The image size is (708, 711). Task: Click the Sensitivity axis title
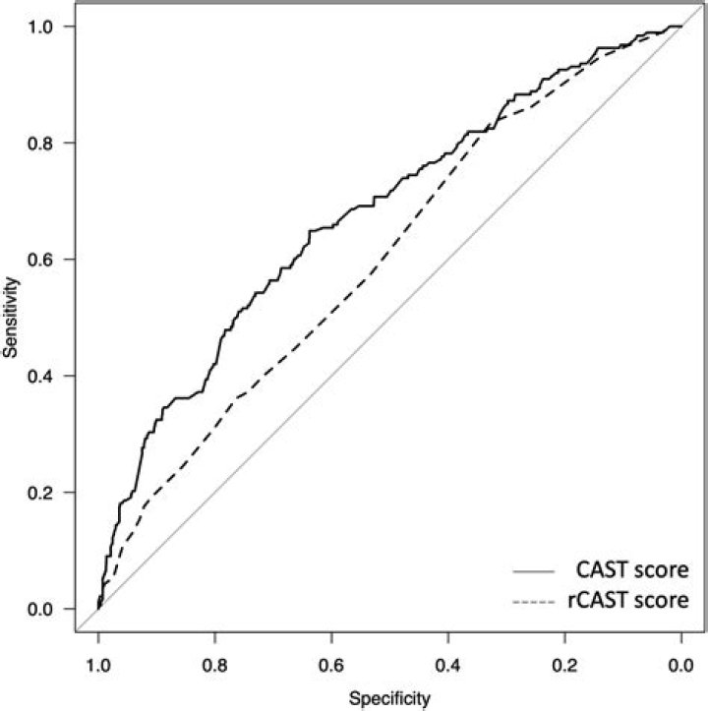click(11, 317)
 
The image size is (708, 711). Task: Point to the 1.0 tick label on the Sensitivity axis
click(39, 27)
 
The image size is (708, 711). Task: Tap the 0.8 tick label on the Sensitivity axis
click(39, 144)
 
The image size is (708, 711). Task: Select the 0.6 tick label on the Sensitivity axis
click(39, 260)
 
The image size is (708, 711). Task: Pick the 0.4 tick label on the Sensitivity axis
click(39, 377)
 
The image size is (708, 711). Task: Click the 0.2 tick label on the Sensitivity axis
click(39, 493)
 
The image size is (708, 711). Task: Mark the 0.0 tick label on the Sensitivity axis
click(39, 610)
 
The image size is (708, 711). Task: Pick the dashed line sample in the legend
click(529, 599)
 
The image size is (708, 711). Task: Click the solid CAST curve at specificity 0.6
click(331, 225)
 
